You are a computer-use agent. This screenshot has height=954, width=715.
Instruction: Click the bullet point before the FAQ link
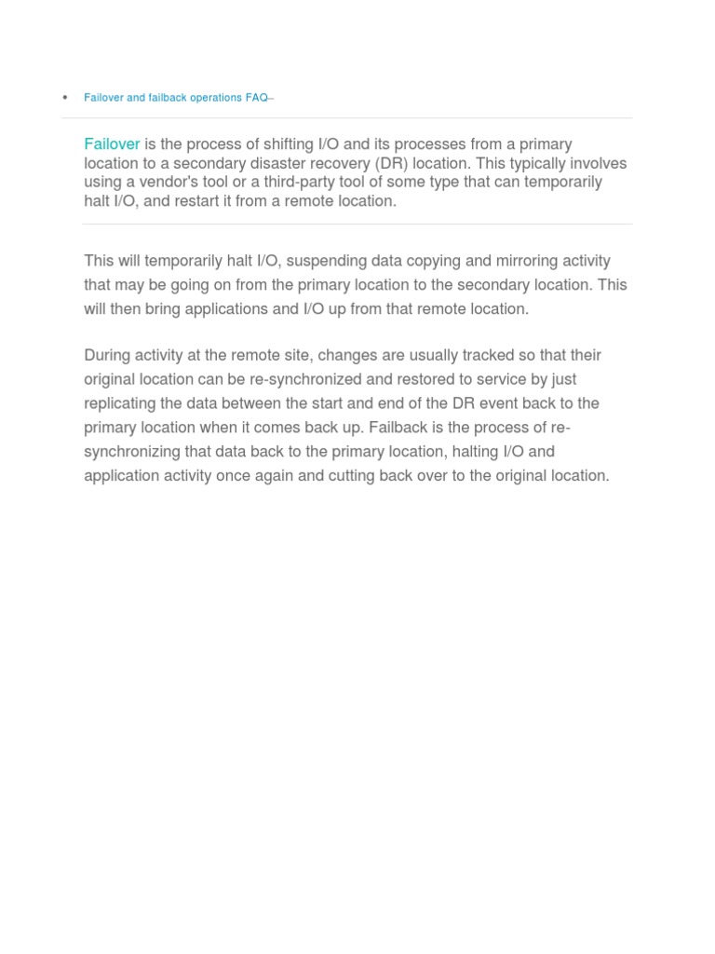click(x=65, y=98)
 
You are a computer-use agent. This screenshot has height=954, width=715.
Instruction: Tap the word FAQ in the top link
click(x=257, y=98)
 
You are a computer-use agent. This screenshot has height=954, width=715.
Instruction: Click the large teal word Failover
click(x=112, y=144)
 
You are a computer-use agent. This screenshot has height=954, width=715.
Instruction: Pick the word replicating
click(x=122, y=403)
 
